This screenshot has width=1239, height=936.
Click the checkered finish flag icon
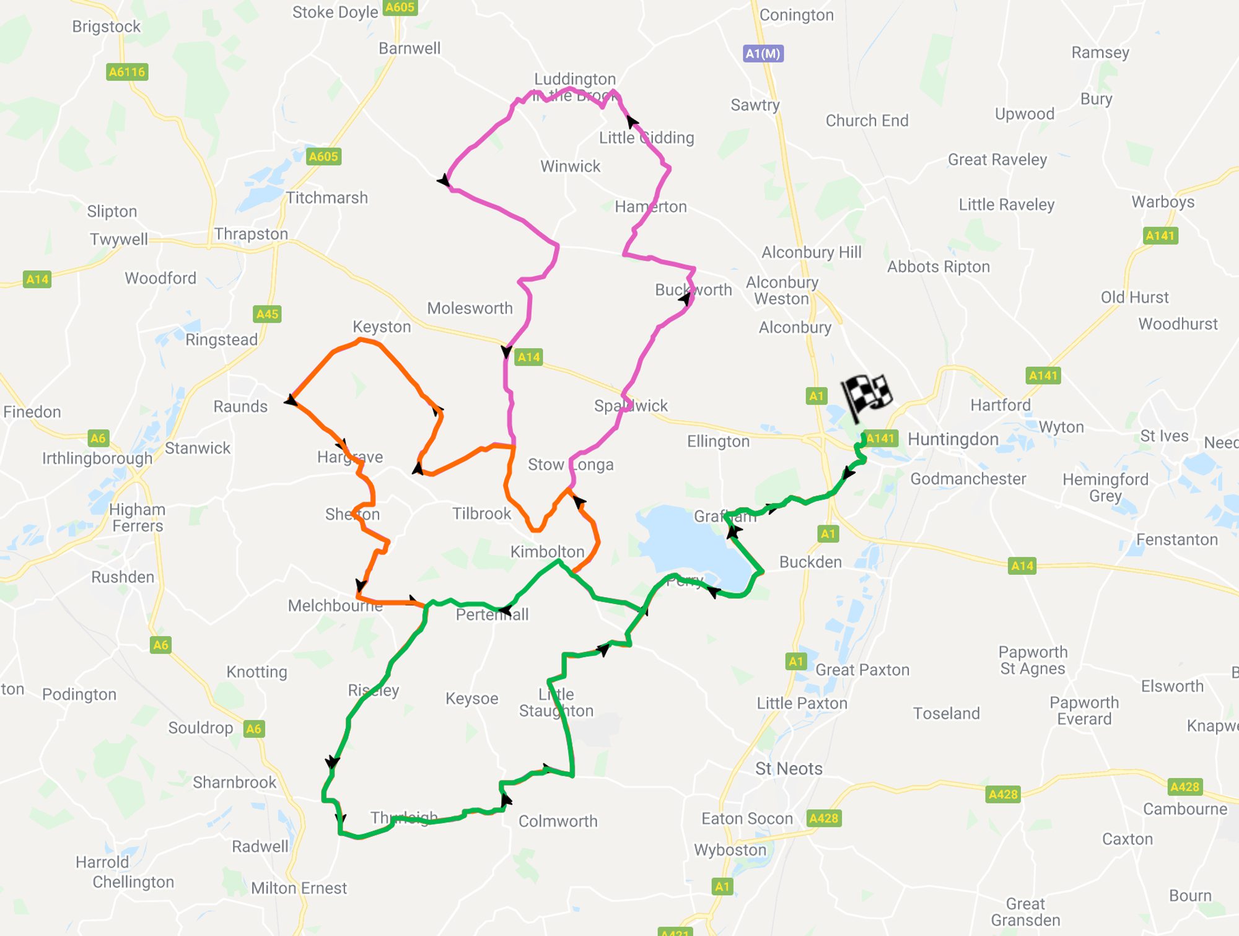coord(867,396)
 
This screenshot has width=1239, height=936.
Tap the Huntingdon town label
coord(953,439)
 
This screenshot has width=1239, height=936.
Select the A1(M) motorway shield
coord(763,54)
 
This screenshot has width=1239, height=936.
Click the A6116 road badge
coord(127,72)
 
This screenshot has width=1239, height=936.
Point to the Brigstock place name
coord(106,27)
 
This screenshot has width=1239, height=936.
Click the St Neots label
coord(789,769)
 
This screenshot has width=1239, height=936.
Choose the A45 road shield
coord(268,314)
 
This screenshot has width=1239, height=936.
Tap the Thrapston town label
coord(251,234)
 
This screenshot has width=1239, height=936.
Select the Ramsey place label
coord(1100,53)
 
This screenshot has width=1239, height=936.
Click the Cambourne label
coord(1184,809)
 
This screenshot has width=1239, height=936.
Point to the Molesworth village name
coord(470,308)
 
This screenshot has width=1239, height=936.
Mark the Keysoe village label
coord(471,699)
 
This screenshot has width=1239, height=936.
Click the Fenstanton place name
coord(1176,540)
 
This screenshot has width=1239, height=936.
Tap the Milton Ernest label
coord(299,888)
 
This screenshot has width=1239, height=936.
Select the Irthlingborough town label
coord(97,458)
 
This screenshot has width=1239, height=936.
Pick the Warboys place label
coord(1163,202)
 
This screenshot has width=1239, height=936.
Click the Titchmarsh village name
coord(326,198)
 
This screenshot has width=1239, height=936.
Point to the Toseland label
coord(946,714)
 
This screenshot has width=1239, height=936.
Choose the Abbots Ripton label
coord(938,267)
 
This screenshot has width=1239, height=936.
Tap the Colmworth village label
coord(558,821)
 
